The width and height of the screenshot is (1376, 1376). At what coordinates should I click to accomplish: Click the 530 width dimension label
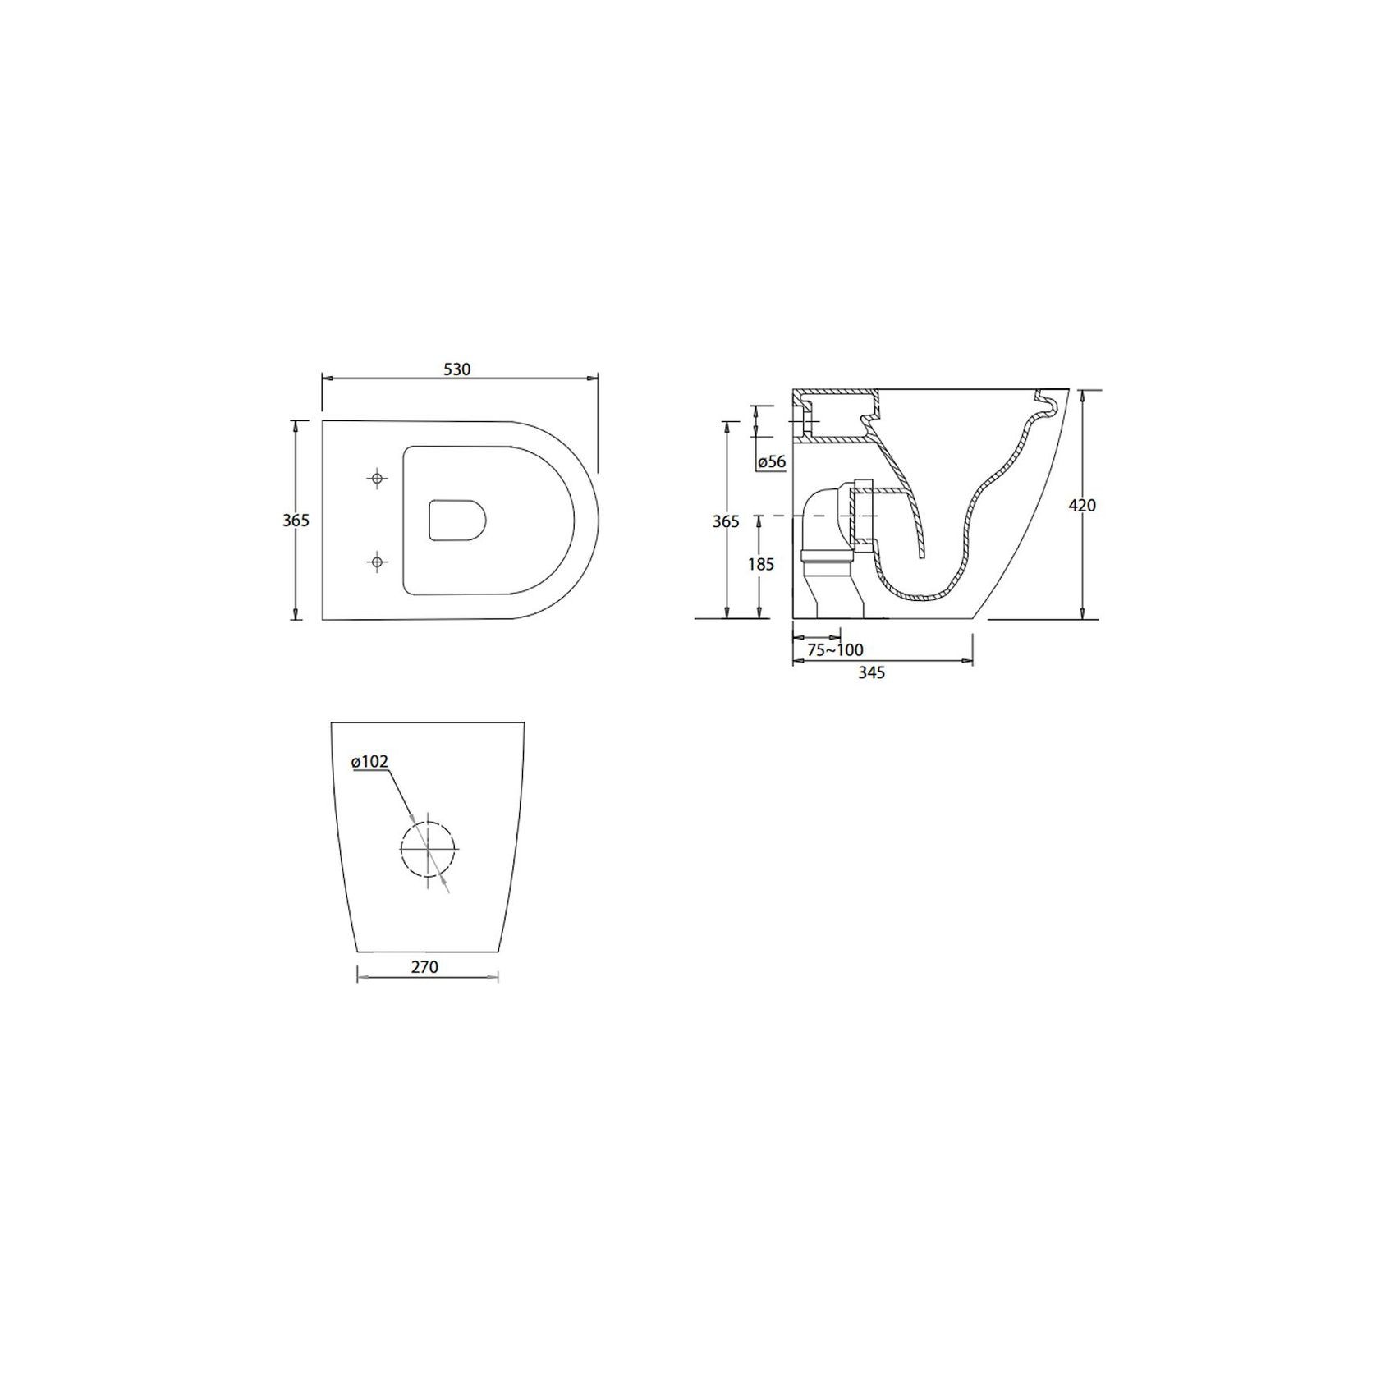point(457,369)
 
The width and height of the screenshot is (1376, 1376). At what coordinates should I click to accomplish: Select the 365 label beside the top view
point(296,521)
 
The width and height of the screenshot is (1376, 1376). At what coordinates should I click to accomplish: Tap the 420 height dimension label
point(1082,506)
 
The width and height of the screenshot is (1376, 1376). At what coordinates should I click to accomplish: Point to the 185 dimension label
point(760,565)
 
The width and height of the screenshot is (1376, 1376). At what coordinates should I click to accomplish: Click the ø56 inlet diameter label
point(772,462)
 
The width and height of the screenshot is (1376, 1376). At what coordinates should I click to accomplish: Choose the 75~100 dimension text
point(835,650)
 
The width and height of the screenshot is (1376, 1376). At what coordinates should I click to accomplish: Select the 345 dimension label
point(871,672)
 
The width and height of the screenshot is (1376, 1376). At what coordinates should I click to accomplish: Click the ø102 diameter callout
point(369,762)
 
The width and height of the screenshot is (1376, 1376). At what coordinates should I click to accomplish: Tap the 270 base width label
point(424,967)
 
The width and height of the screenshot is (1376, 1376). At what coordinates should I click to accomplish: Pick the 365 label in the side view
point(726,521)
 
